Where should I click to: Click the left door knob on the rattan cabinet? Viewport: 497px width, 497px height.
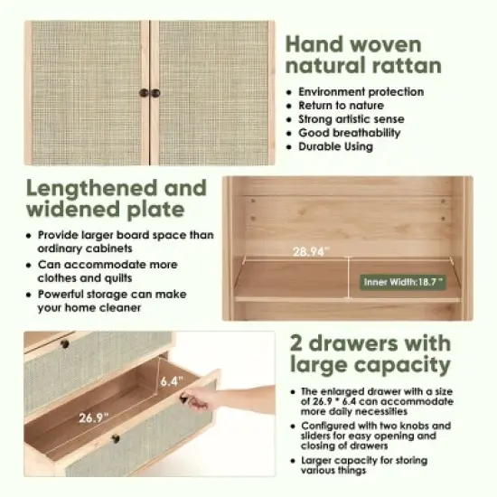point(144,93)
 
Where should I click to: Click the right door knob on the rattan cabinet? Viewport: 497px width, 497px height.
point(155,93)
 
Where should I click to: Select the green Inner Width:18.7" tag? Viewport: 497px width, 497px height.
point(403,282)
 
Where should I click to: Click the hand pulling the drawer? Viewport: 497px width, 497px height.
point(237,398)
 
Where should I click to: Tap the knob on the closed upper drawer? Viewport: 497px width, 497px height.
point(64,343)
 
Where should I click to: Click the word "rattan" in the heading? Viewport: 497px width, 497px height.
point(405,65)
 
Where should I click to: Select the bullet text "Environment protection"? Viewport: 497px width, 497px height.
point(361,91)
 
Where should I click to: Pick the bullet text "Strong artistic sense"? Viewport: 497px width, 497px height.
point(351,118)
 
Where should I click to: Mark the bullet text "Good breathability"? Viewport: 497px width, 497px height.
point(349,132)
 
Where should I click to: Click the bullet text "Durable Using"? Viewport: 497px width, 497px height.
point(335,145)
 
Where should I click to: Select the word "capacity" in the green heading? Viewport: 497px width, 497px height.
point(406,365)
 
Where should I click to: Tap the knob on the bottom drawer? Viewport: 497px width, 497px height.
point(115,439)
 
